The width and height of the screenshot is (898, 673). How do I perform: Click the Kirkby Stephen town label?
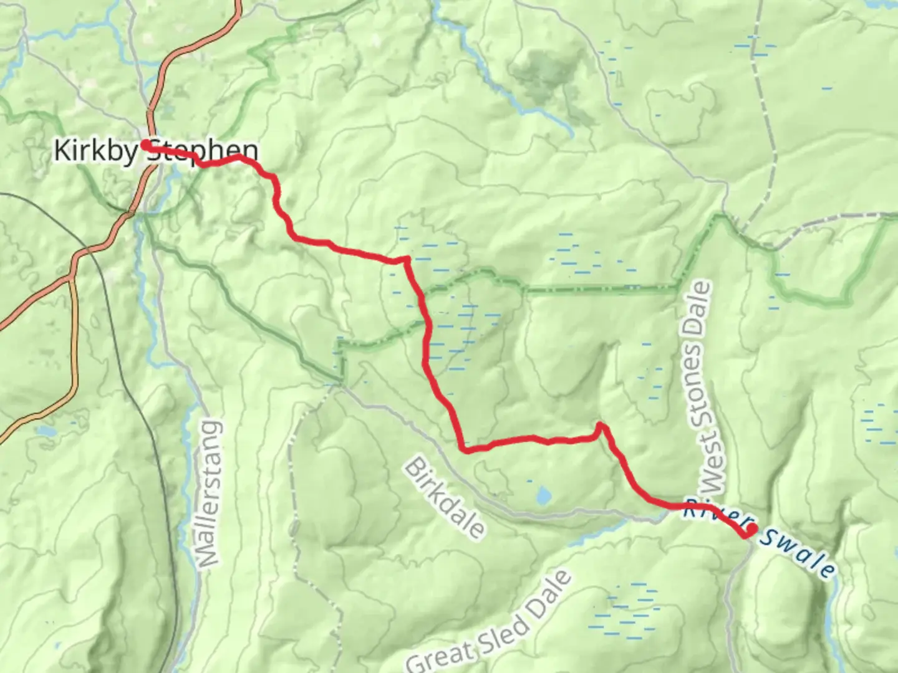[x=155, y=151]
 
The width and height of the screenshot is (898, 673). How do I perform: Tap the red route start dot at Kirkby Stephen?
[x=145, y=145]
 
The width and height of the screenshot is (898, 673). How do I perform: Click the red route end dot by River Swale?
[x=752, y=529]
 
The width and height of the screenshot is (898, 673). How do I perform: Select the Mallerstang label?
[x=209, y=495]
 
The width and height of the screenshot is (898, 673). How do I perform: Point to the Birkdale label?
[x=444, y=499]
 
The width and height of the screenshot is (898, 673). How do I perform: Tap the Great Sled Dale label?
[x=490, y=623]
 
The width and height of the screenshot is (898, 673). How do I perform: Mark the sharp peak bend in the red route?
[x=600, y=426]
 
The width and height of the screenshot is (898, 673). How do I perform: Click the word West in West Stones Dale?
[x=710, y=470]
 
